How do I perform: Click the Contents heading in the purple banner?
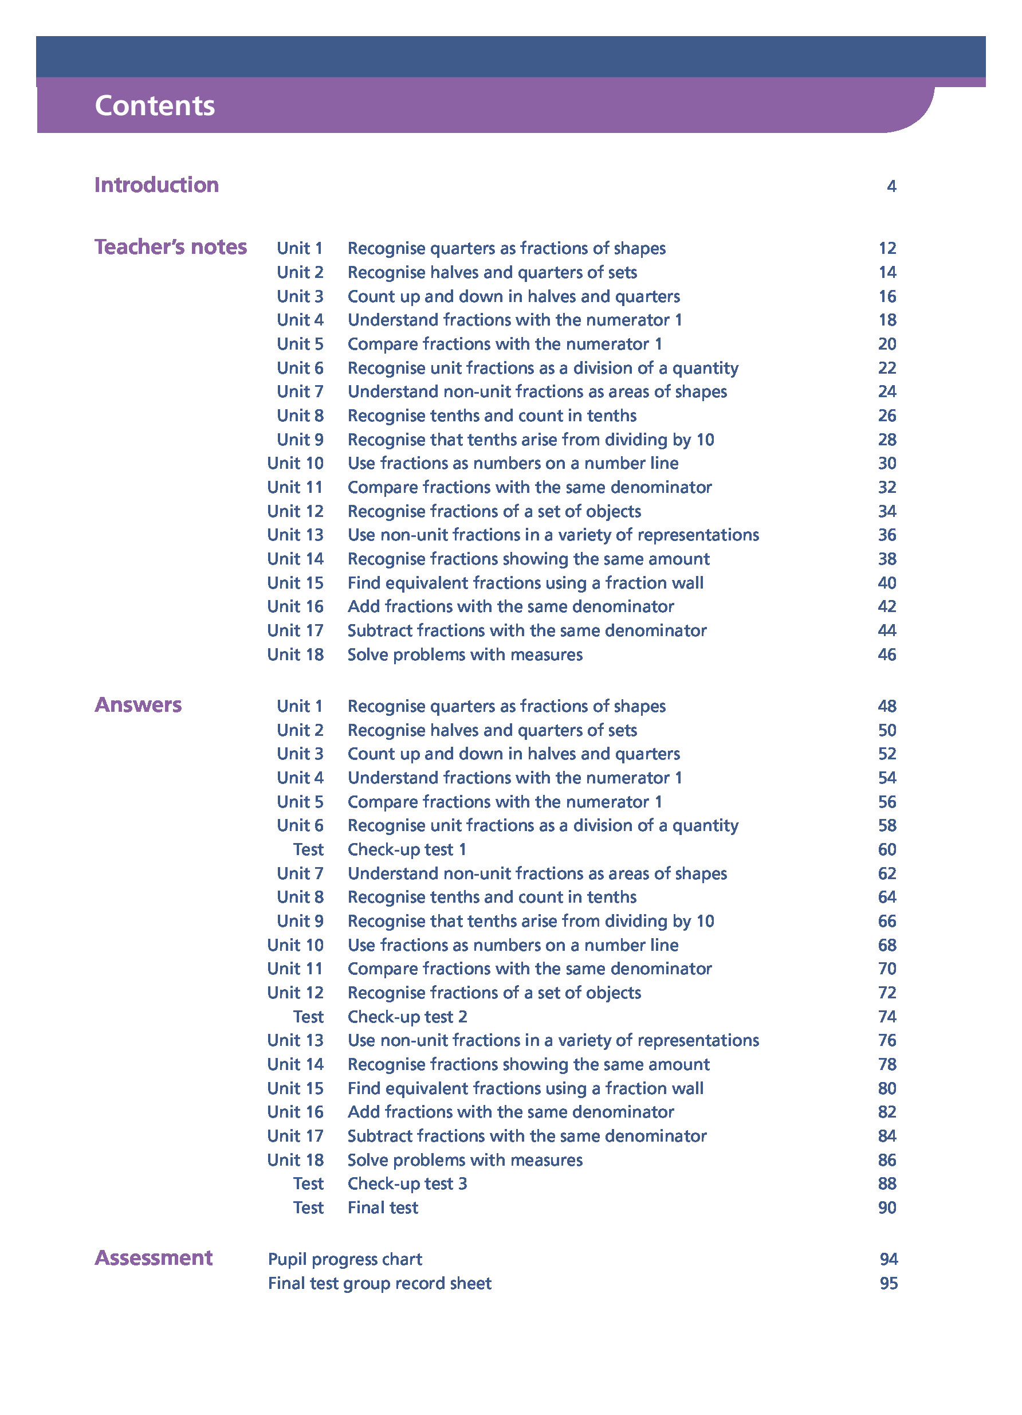[155, 105]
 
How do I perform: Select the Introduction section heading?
[156, 185]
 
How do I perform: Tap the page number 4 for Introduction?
[891, 186]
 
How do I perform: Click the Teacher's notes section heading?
[170, 247]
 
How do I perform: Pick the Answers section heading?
[138, 704]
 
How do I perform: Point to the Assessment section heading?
[154, 1258]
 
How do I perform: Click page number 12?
[887, 248]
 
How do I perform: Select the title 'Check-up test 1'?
[407, 849]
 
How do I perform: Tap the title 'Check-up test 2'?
[407, 1016]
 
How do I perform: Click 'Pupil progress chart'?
[345, 1259]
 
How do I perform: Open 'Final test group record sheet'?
[379, 1283]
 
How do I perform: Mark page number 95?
[888, 1283]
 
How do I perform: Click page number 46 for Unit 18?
[887, 654]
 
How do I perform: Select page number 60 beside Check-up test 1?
[887, 849]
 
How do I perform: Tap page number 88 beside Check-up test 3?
[887, 1183]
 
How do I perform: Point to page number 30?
[887, 463]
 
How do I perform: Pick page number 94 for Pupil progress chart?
[888, 1259]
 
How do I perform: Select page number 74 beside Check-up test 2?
[887, 1016]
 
